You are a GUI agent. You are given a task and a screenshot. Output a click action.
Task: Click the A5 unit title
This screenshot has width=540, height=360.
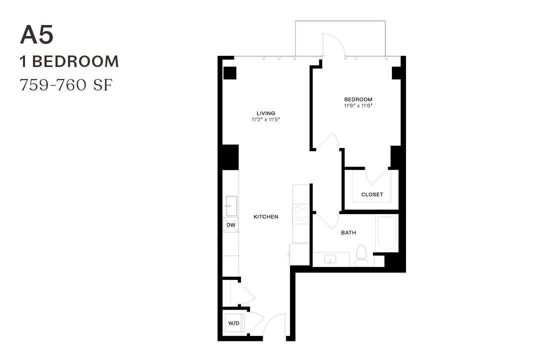tap(36, 35)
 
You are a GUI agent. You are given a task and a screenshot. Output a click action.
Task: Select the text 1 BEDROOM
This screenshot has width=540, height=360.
tap(69, 61)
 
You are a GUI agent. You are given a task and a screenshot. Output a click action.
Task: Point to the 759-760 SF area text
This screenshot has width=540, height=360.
tap(66, 84)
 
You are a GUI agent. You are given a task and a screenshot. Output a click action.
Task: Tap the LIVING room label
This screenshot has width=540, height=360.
tap(266, 113)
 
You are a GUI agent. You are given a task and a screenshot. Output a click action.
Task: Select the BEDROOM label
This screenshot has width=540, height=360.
tap(358, 99)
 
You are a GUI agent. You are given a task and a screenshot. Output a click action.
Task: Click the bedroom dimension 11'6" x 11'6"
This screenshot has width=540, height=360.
tap(358, 106)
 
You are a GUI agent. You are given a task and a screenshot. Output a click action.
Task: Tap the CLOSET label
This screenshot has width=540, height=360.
tap(372, 194)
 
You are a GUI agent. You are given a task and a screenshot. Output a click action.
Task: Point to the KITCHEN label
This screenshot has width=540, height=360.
tap(266, 217)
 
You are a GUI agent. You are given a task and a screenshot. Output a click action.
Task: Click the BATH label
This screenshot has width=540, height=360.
tap(348, 233)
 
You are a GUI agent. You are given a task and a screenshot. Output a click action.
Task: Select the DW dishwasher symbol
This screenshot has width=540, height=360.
tap(230, 225)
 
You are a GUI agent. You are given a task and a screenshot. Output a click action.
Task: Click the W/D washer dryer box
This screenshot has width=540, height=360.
tap(233, 323)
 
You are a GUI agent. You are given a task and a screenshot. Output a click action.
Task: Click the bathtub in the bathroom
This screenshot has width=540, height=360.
tap(387, 232)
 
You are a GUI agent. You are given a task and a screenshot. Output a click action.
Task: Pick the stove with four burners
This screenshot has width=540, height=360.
tap(301, 214)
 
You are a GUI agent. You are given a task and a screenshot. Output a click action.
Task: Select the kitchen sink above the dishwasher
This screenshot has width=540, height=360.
tap(231, 205)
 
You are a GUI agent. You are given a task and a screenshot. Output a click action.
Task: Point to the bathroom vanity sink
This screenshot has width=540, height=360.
tap(330, 259)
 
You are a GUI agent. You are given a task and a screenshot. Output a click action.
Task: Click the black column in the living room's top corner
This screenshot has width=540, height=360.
tap(229, 72)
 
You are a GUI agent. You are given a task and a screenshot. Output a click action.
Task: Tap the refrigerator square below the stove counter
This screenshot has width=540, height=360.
tap(299, 254)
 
